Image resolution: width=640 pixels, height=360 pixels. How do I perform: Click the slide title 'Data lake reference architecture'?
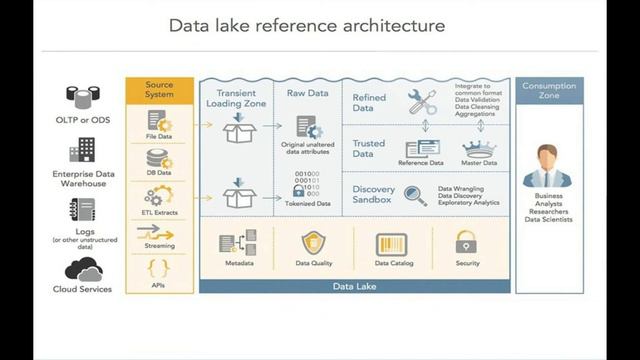point(306,24)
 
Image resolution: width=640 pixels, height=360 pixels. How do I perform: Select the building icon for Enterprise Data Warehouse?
point(82,151)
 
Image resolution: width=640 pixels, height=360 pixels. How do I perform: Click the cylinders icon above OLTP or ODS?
point(82,96)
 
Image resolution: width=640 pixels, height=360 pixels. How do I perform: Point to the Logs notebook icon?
point(83,210)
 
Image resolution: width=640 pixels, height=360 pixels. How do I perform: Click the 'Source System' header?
point(159,91)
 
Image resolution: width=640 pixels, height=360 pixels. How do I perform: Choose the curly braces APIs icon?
point(157,267)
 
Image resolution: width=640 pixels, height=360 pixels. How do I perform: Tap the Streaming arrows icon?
point(157,232)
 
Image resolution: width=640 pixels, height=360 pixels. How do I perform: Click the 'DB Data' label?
point(159,172)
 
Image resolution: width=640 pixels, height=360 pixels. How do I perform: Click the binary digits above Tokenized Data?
point(307,184)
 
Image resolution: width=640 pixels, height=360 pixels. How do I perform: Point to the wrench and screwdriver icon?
point(421,100)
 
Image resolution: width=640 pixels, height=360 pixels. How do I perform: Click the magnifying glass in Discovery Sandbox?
point(416,194)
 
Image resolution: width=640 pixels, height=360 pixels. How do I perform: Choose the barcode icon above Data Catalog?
point(389,244)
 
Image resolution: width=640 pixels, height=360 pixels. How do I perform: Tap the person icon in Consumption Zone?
point(556,165)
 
